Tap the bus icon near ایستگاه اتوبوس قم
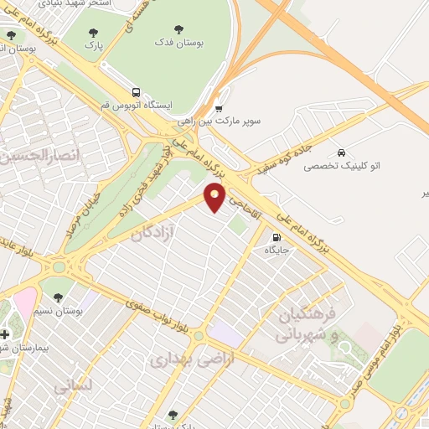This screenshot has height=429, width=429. tap(135, 93)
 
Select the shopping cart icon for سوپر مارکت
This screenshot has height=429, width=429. tap(219, 107)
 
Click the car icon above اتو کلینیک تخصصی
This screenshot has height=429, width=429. tap(341, 152)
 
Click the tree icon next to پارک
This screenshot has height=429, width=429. tap(94, 34)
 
